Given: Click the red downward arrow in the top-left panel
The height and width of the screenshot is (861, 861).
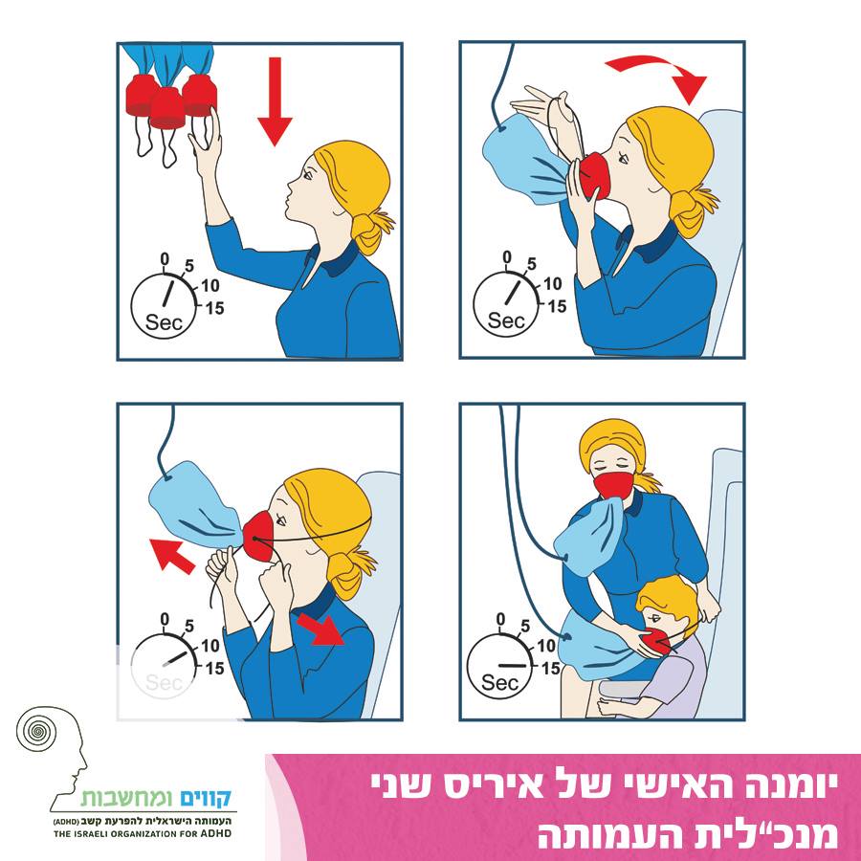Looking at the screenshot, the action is pos(275,101).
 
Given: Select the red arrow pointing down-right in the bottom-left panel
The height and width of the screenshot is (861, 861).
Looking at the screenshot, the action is pos(320,629).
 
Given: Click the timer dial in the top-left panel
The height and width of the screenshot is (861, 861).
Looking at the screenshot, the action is pos(164,305).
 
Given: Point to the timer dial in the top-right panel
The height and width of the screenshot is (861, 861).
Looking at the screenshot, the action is pos(506,303).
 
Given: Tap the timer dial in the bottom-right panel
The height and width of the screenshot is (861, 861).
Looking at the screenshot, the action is pos(499,666).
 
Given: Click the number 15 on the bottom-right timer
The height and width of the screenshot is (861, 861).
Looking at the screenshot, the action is pos(551,669).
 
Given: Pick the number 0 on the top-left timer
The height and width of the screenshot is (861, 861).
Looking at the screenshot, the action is pos(165,258).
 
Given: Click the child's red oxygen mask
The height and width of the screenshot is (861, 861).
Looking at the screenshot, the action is pos(657,641).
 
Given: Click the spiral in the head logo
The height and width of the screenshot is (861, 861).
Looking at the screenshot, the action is pos(36,731).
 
